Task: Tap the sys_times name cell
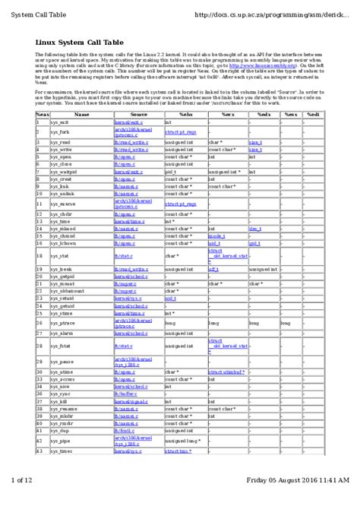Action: [62, 451]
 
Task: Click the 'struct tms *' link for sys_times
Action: [178, 451]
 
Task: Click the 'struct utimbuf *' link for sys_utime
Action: [226, 372]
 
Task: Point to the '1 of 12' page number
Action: [23, 501]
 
